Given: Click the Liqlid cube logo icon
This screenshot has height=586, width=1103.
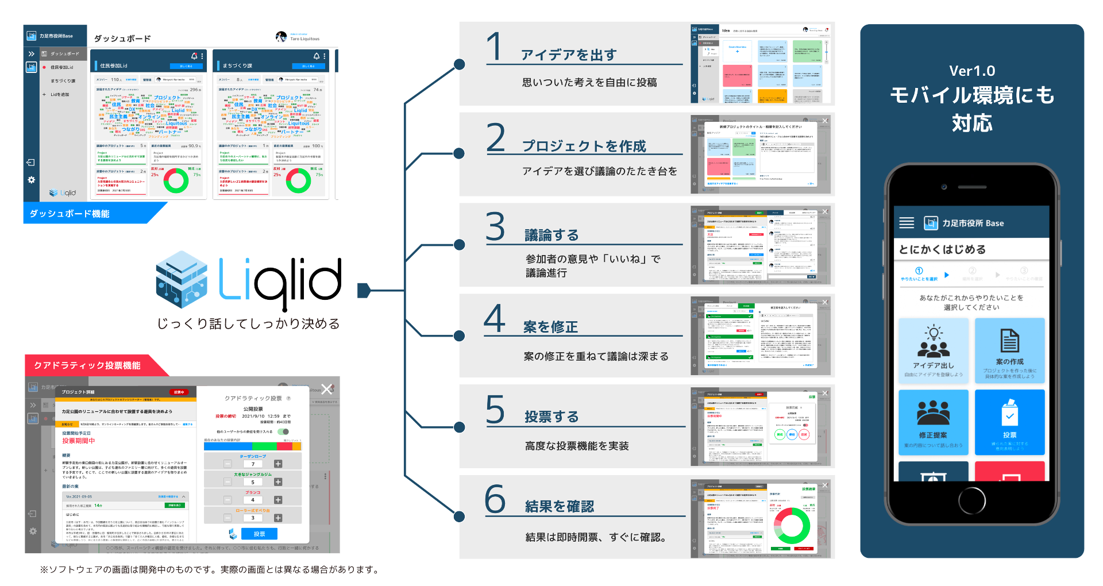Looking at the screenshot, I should (x=182, y=279).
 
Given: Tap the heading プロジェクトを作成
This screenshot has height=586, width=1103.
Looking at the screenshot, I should (x=584, y=146).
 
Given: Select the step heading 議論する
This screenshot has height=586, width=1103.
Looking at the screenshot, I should (x=551, y=235).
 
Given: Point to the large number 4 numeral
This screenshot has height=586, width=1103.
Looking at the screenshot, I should (x=494, y=318).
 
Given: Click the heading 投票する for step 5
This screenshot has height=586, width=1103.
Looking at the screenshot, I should (x=551, y=417).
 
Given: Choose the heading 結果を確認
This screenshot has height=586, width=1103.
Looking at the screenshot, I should (x=560, y=506).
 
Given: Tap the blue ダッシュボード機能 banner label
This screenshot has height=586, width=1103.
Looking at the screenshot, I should (x=70, y=214).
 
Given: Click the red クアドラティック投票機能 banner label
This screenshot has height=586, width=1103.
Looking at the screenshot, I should (x=87, y=365).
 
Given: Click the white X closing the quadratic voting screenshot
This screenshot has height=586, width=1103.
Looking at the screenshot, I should (x=327, y=389).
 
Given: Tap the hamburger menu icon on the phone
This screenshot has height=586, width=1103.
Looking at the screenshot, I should (x=907, y=223).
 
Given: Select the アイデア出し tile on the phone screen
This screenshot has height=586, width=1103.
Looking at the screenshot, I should (x=933, y=350).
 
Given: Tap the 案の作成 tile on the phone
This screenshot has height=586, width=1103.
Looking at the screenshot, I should (x=1009, y=350).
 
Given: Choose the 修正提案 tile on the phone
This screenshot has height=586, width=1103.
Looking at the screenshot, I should (x=933, y=422).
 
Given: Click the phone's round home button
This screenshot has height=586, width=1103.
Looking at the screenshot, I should (x=972, y=500).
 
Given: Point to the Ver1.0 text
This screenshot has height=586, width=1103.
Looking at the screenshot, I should (x=972, y=71).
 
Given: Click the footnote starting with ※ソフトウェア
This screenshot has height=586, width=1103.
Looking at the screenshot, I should (x=210, y=569).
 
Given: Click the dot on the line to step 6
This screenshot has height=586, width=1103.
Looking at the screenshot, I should (x=460, y=516).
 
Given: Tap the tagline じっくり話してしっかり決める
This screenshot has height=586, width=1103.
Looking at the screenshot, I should (x=248, y=323).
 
